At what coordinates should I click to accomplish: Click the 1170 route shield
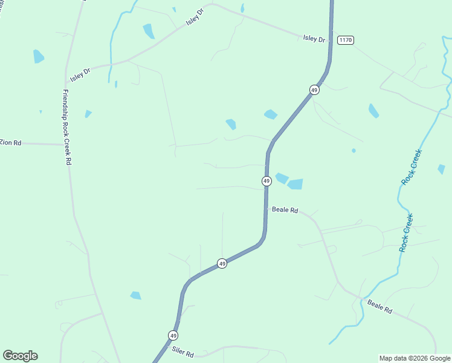(x=345, y=40)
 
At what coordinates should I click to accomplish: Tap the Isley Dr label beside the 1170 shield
(x=314, y=39)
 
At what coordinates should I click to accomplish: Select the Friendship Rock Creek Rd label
(x=67, y=128)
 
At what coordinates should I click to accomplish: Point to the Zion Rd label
(x=10, y=143)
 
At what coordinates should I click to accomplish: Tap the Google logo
(x=20, y=356)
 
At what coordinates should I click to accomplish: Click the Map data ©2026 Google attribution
(x=415, y=358)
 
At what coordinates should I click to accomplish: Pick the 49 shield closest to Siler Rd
(x=173, y=335)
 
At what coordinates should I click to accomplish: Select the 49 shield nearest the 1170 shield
(x=314, y=90)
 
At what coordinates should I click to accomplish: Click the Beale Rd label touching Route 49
(x=285, y=210)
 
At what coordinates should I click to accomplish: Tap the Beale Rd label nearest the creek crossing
(x=380, y=307)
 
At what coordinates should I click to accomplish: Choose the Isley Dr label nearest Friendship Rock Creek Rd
(x=80, y=74)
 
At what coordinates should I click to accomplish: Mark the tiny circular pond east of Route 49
(x=354, y=151)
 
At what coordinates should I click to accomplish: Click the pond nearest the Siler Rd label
(x=135, y=295)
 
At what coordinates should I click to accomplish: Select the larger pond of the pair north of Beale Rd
(x=295, y=184)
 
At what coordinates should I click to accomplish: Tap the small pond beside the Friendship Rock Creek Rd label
(x=88, y=114)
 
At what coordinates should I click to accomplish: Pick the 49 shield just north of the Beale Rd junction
(x=266, y=181)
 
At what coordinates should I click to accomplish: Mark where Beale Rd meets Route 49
(x=266, y=209)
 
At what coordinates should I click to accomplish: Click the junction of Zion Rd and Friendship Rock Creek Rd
(x=66, y=145)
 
